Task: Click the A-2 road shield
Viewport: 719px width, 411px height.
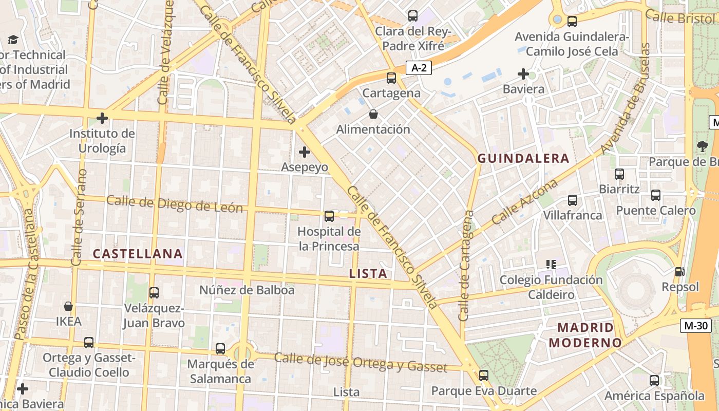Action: pyautogui.click(x=419, y=67)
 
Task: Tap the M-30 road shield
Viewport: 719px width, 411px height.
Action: pyautogui.click(x=696, y=325)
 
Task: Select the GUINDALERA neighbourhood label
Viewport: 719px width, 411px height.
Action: pyautogui.click(x=523, y=158)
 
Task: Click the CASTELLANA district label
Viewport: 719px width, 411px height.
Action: pyautogui.click(x=138, y=253)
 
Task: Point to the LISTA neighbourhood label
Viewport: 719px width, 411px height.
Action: pyautogui.click(x=368, y=273)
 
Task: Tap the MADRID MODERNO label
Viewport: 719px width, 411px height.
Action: pyautogui.click(x=585, y=334)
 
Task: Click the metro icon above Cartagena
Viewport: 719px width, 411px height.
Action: pyautogui.click(x=391, y=78)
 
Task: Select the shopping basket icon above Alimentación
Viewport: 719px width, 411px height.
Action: pyautogui.click(x=373, y=114)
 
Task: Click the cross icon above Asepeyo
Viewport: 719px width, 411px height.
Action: pyautogui.click(x=305, y=152)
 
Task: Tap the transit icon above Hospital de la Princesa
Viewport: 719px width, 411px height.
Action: pyautogui.click(x=329, y=216)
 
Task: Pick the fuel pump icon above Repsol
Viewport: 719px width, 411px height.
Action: pyautogui.click(x=679, y=272)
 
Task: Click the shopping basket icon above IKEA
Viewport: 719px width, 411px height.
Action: pyautogui.click(x=68, y=307)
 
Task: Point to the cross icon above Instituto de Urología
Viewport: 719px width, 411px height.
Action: pyautogui.click(x=102, y=119)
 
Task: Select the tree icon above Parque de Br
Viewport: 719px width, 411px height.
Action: pyautogui.click(x=702, y=146)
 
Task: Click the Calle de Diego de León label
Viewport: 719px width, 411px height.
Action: pyautogui.click(x=174, y=204)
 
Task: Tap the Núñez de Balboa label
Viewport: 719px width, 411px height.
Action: pyautogui.click(x=247, y=290)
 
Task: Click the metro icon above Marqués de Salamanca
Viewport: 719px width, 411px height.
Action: pyautogui.click(x=220, y=349)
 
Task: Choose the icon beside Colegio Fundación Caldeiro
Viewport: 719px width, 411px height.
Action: pyautogui.click(x=551, y=265)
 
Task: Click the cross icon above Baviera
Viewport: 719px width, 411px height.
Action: pyautogui.click(x=523, y=74)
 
